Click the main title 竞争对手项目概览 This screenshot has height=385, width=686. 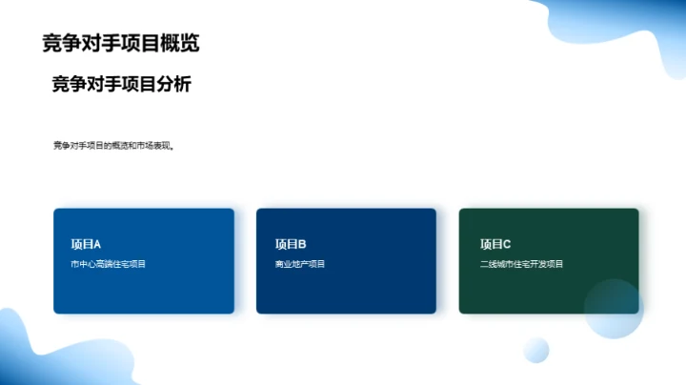[121, 44]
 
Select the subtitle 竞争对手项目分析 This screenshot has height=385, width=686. [121, 85]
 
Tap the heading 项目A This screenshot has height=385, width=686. [86, 244]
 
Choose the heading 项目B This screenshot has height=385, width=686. [291, 244]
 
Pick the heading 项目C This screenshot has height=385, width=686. [495, 244]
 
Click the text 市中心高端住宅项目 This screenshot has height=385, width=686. [109, 264]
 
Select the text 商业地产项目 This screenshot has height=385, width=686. [300, 264]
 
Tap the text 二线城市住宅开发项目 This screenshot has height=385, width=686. [522, 264]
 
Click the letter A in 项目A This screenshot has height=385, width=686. [96, 244]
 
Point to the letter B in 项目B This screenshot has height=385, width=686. [302, 244]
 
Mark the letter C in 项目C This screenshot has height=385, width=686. [507, 244]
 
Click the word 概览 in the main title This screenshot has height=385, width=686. [180, 44]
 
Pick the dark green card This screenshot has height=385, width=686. [534, 286]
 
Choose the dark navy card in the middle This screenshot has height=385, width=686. [346, 286]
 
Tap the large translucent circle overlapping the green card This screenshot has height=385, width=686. [614, 309]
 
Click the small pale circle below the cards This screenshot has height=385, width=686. [536, 350]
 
